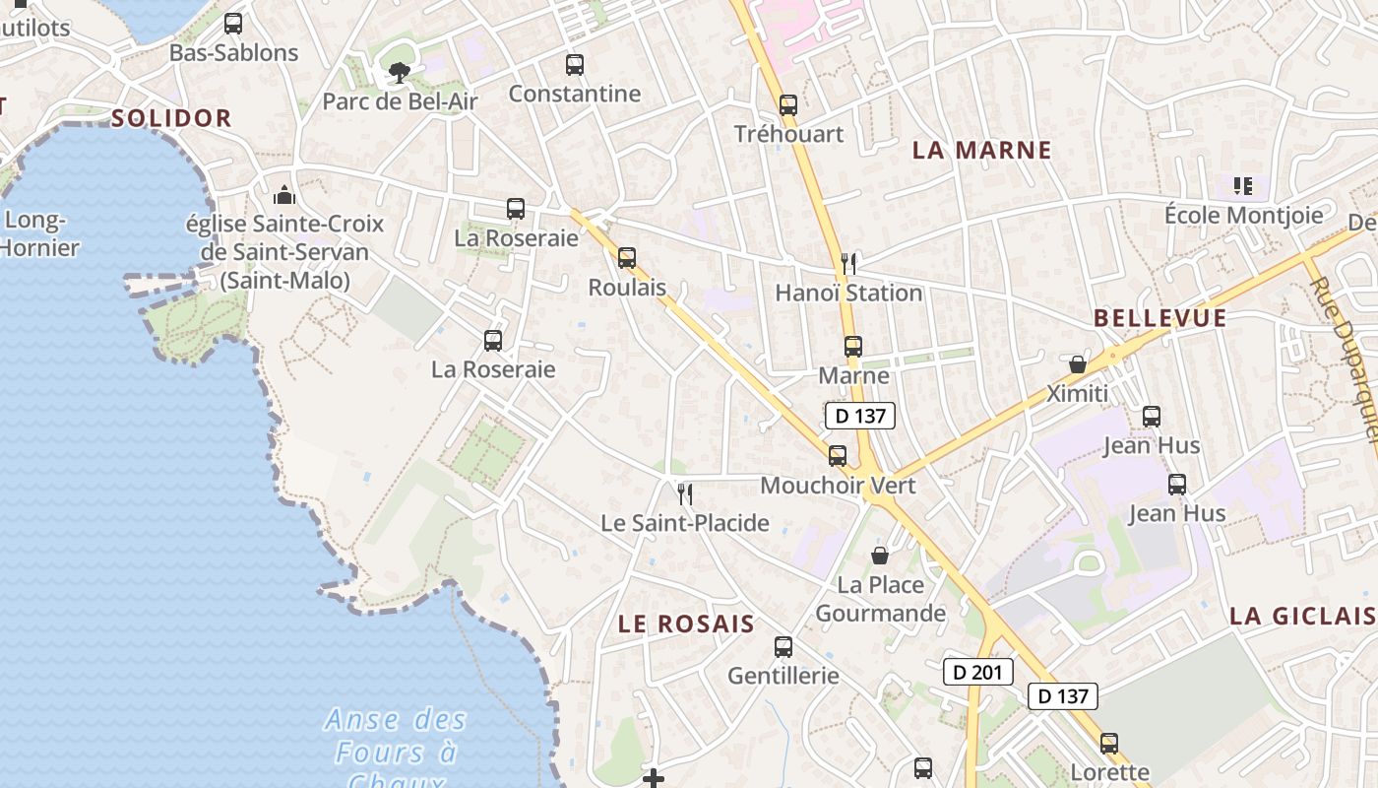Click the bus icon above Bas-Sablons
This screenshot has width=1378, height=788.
tap(233, 24)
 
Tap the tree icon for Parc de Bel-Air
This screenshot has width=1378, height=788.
tap(398, 71)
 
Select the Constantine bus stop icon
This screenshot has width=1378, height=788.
tap(575, 65)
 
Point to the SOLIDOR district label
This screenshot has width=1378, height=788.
tap(171, 118)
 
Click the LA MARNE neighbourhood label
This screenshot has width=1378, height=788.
tap(981, 150)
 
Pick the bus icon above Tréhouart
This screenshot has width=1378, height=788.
tap(787, 104)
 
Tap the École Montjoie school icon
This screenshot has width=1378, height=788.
tap(1242, 185)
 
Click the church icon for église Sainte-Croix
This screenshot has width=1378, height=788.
tap(284, 194)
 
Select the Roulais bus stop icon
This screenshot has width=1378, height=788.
tap(627, 258)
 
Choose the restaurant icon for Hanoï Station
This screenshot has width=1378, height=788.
tap(848, 263)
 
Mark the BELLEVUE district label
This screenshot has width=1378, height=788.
tap(1160, 318)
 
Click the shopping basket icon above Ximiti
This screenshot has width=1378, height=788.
tap(1078, 364)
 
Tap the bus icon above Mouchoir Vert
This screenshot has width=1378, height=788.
tap(838, 455)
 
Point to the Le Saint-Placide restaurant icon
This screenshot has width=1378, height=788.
tap(685, 493)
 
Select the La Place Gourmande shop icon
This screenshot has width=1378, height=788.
tap(880, 556)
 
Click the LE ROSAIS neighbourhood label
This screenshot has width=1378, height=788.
tap(686, 624)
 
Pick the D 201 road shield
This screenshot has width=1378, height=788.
tap(977, 672)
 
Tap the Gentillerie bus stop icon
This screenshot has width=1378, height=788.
tap(783, 646)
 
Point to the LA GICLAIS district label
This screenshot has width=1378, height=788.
tap(1301, 616)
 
